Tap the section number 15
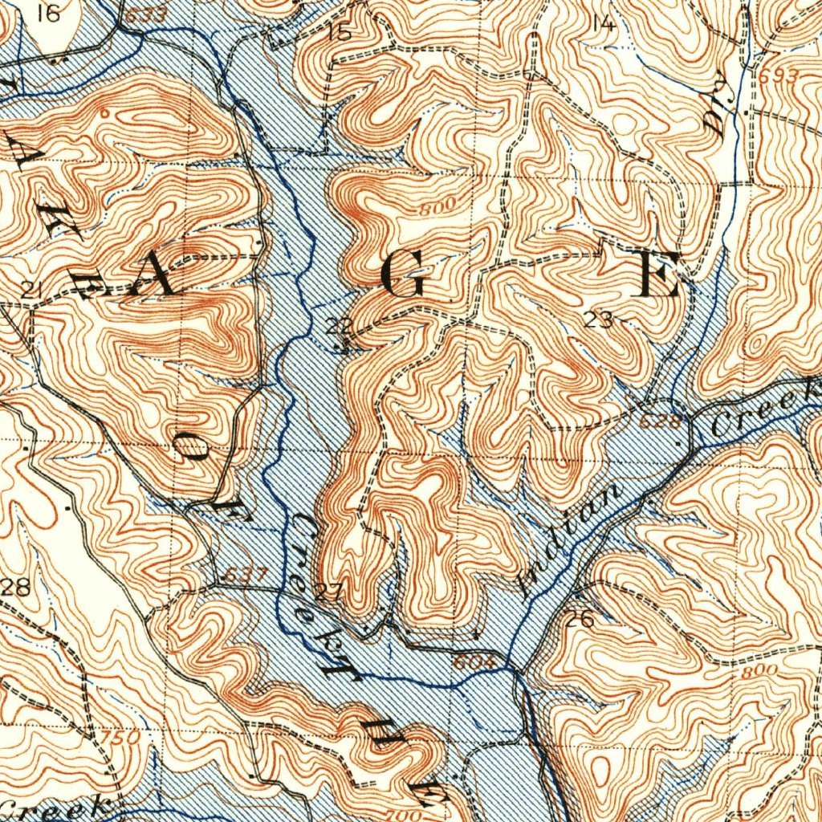coord(340,33)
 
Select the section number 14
coord(602,23)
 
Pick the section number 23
coord(599,320)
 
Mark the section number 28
coord(15,586)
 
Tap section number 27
coord(329,593)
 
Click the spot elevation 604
coord(470,662)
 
